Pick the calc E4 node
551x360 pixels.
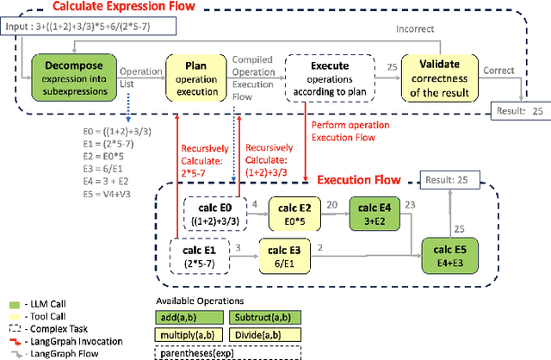[x=374, y=213]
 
